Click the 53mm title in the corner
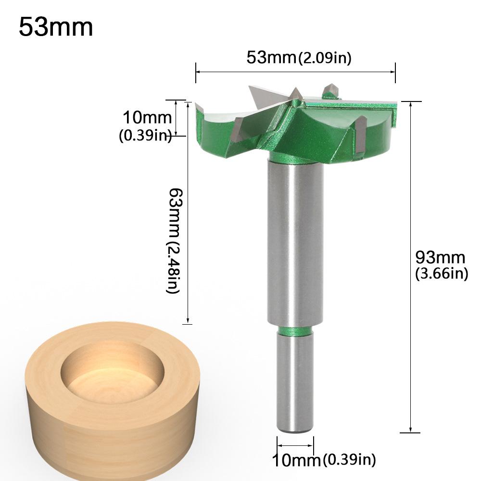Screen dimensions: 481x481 56,28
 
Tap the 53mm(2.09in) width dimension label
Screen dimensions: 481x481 299,58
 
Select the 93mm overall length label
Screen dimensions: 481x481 440,258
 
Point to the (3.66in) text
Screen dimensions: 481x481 441,274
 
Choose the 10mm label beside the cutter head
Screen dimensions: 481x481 147,117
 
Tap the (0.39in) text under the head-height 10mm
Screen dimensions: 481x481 145,136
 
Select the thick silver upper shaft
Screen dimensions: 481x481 295,240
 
